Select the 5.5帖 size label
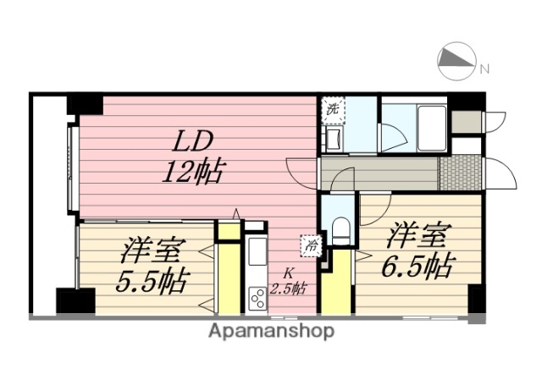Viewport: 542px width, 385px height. tap(153, 279)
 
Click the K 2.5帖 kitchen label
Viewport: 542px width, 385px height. tap(288, 281)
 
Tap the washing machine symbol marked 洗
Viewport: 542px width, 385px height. tap(333, 108)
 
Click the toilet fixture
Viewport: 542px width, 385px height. tap(341, 229)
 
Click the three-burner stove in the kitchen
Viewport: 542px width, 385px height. tap(256, 298)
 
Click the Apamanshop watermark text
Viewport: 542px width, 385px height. tap(271, 331)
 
